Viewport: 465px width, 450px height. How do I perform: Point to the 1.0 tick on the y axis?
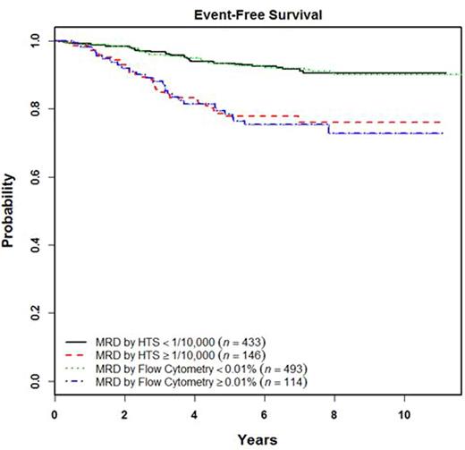(x=36, y=41)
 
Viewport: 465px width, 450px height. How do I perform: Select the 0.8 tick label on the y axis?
(x=36, y=109)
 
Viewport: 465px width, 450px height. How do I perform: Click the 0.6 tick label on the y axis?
(x=36, y=177)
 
